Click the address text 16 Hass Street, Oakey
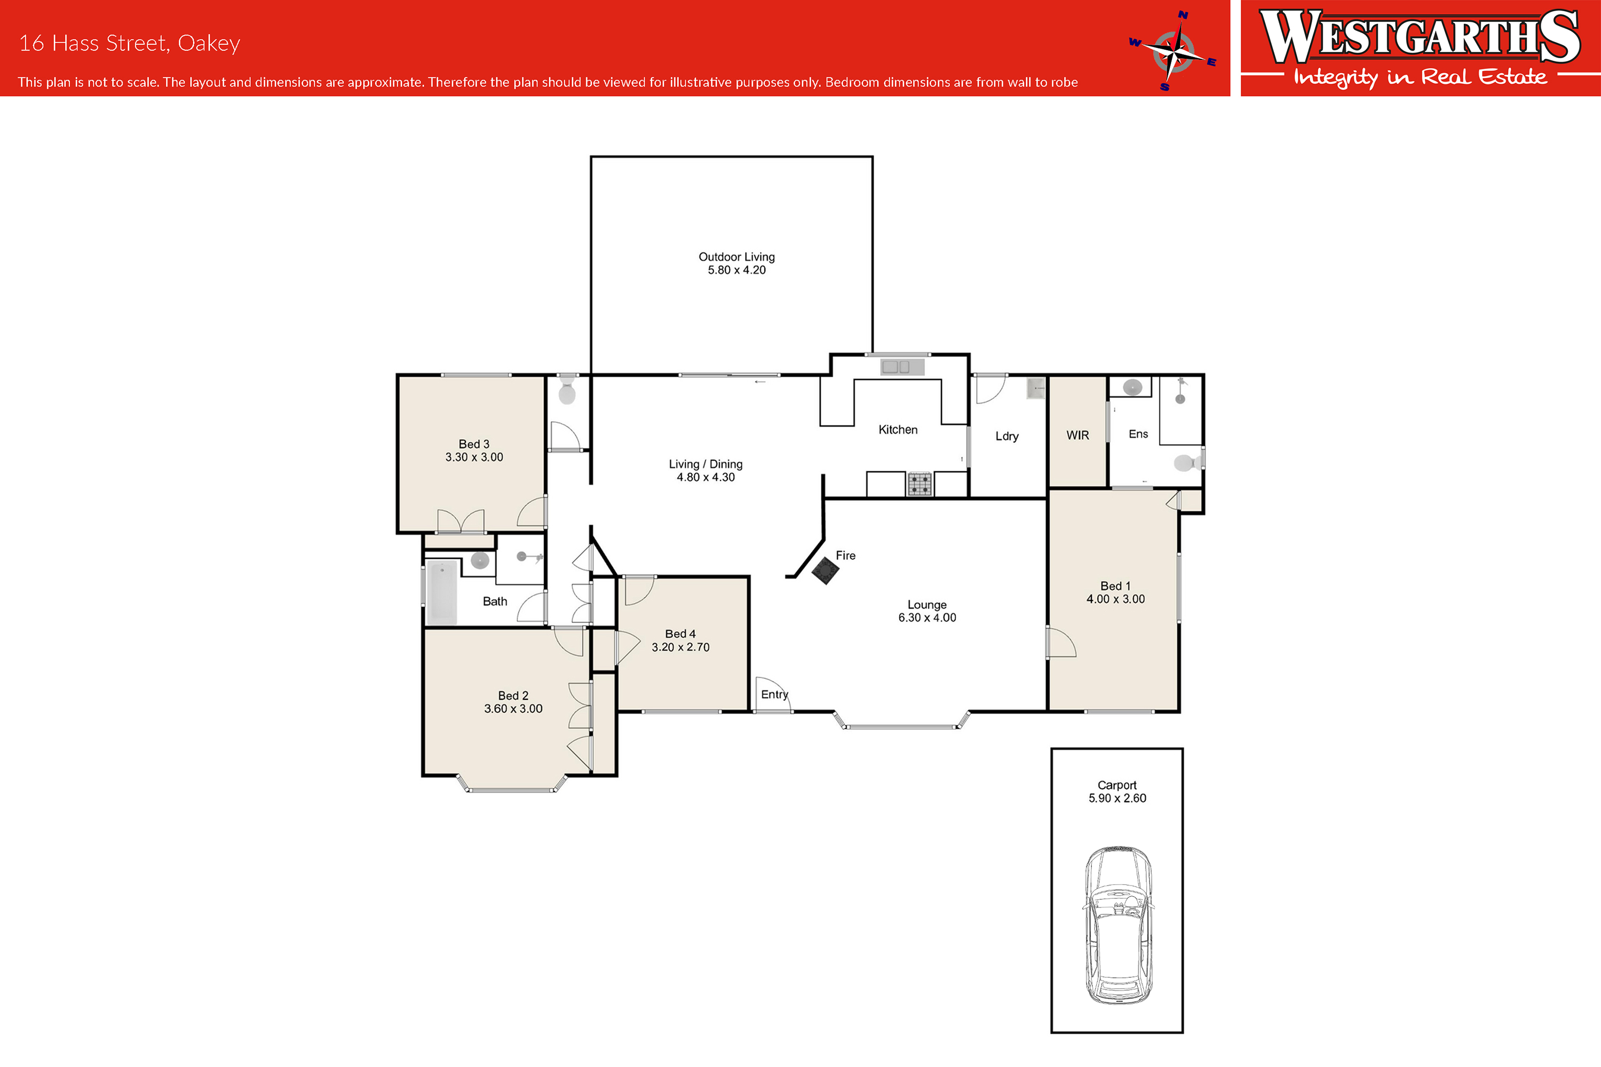click(x=129, y=43)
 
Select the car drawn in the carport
click(x=1118, y=925)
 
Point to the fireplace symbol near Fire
click(x=826, y=570)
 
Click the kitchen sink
click(x=902, y=367)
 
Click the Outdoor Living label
click(x=736, y=257)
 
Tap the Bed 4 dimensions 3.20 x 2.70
click(x=680, y=647)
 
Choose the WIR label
click(x=1078, y=435)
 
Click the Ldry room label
click(x=1007, y=436)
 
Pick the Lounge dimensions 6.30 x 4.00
click(x=927, y=617)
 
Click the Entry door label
click(x=774, y=694)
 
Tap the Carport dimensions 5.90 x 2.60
click(x=1117, y=798)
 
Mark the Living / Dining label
click(x=706, y=464)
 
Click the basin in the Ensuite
click(x=1132, y=387)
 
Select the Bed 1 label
click(x=1115, y=586)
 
